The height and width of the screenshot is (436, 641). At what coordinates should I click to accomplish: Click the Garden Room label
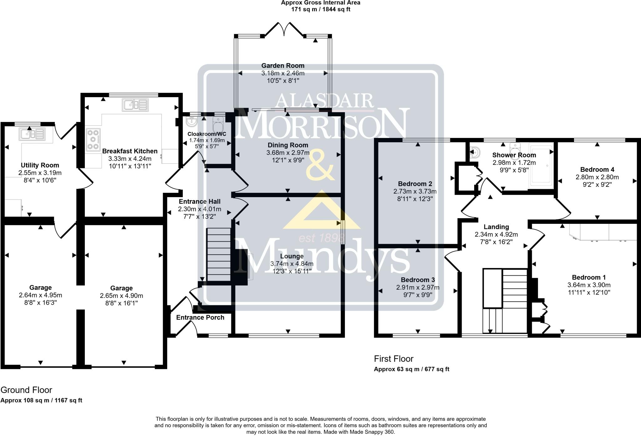point(283,66)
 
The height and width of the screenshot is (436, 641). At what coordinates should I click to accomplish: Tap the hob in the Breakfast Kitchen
point(93,139)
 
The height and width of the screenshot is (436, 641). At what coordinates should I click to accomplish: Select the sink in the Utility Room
point(32,134)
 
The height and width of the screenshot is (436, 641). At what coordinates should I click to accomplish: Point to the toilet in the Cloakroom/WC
point(218,124)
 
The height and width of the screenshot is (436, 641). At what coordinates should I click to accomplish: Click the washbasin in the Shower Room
point(475,153)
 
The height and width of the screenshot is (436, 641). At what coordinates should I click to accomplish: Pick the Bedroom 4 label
point(597,170)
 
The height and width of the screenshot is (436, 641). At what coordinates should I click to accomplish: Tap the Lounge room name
point(292,256)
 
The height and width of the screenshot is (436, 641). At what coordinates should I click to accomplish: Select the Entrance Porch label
point(200,318)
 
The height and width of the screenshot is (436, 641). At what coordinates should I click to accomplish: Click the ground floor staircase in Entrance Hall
point(219,255)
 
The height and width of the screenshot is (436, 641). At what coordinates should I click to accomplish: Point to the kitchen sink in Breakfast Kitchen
point(136,105)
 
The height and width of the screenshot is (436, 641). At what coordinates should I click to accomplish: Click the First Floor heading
point(394,359)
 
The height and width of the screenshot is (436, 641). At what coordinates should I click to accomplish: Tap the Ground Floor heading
point(26,390)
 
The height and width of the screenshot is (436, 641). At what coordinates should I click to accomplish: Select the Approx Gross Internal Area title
point(320,3)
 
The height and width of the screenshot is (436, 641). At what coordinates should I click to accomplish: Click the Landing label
point(496,227)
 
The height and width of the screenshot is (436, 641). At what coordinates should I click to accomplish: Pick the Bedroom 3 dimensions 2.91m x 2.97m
point(418,287)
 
